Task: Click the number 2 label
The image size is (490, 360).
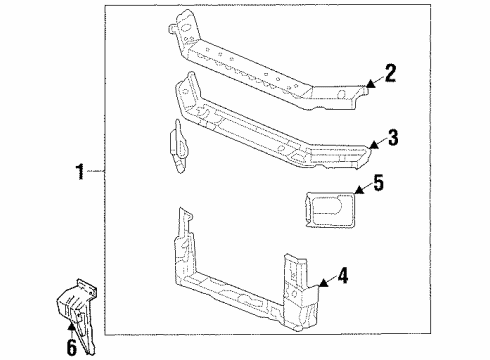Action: click(391, 71)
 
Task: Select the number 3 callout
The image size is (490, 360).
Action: click(393, 138)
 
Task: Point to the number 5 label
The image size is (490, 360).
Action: click(378, 183)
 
